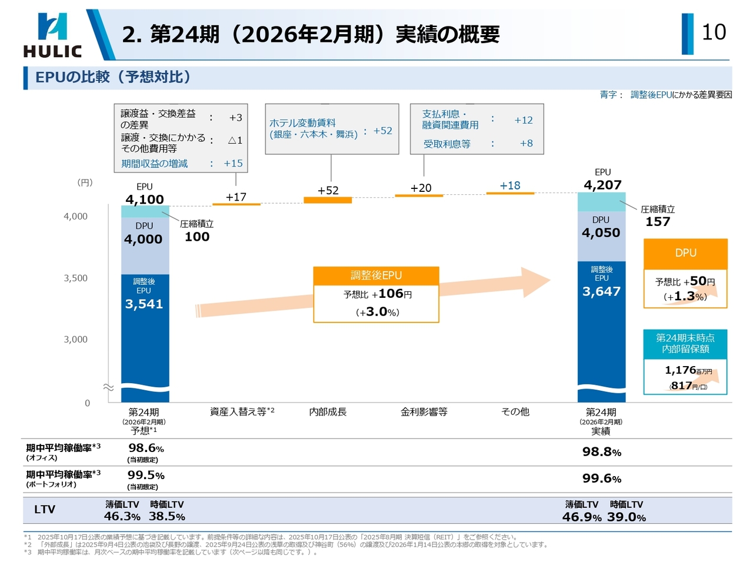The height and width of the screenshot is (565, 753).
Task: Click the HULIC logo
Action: click(52, 35)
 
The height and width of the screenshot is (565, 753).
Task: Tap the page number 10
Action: click(714, 32)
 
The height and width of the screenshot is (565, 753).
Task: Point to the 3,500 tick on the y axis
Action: click(75, 278)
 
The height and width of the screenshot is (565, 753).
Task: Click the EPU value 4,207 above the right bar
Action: click(602, 185)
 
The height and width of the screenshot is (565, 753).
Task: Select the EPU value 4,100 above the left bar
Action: click(145, 200)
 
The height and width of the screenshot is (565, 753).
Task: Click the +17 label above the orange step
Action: click(236, 197)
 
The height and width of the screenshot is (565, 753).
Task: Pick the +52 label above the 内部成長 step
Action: click(328, 190)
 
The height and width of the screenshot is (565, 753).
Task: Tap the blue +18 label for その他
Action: click(510, 185)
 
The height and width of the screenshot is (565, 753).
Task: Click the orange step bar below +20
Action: click(419, 195)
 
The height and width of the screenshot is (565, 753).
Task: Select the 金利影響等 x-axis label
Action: click(424, 412)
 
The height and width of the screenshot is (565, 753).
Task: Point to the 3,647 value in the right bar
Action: click(601, 291)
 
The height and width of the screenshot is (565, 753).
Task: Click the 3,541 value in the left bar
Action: click(144, 304)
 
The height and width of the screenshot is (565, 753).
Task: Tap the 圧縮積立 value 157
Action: click(658, 222)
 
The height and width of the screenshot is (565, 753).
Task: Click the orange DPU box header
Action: click(685, 253)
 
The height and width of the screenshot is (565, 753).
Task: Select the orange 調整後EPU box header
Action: click(376, 275)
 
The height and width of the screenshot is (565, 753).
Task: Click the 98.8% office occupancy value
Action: click(601, 452)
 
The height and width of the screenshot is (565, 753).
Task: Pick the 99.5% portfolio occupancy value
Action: click(146, 475)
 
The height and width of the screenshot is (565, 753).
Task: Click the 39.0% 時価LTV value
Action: click(626, 517)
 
